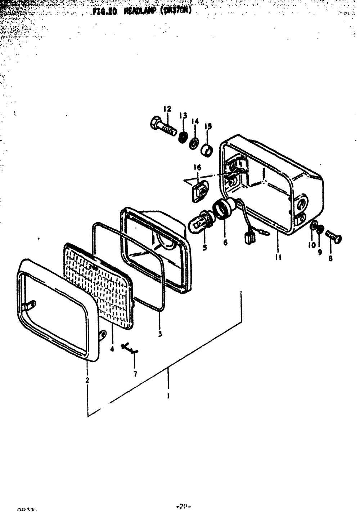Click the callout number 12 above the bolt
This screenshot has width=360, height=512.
coord(167,109)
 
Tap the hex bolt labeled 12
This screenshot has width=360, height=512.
coord(162,127)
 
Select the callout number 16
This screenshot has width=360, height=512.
coord(197,168)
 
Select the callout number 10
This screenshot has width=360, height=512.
coord(312,245)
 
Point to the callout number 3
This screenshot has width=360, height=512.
coord(160,334)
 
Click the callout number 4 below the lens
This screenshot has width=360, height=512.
coord(112,349)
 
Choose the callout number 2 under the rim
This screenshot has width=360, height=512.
coord(87,380)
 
